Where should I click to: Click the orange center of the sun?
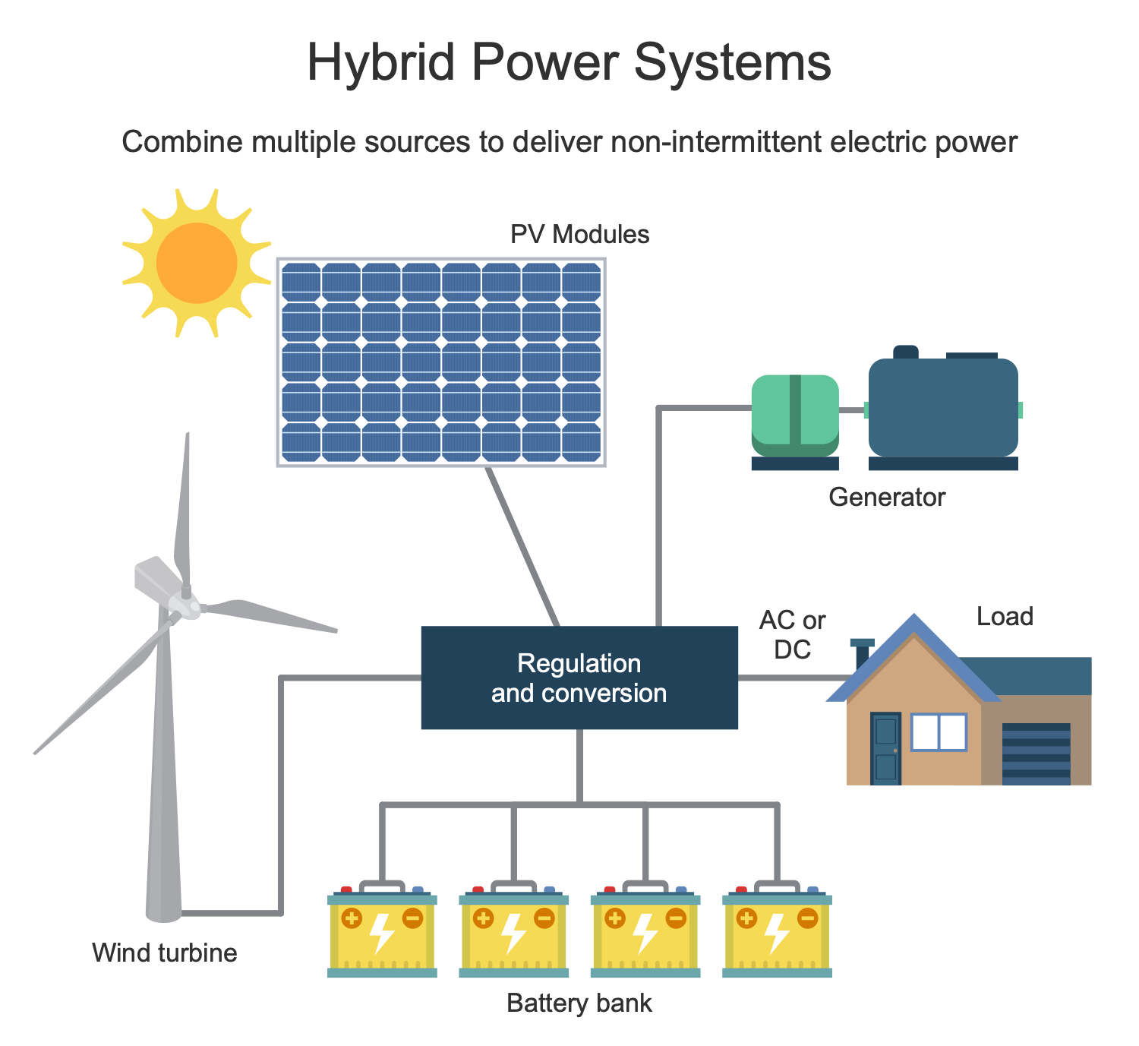tap(197, 263)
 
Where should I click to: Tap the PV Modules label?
tap(579, 234)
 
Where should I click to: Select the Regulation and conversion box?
tap(579, 678)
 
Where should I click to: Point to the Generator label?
tap(886, 498)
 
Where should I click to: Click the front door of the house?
tap(885, 748)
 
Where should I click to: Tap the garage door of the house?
tap(1036, 753)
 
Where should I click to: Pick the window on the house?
tap(939, 732)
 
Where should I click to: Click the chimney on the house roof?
tap(862, 653)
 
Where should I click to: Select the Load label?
tap(1005, 616)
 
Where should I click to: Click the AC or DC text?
tap(792, 635)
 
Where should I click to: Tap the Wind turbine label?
tap(164, 953)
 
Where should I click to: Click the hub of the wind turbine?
tap(185, 604)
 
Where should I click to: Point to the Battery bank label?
tap(579, 1003)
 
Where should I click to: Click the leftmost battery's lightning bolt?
tap(381, 932)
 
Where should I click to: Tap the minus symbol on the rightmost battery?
tap(807, 918)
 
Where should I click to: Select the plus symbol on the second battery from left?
tap(483, 918)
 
